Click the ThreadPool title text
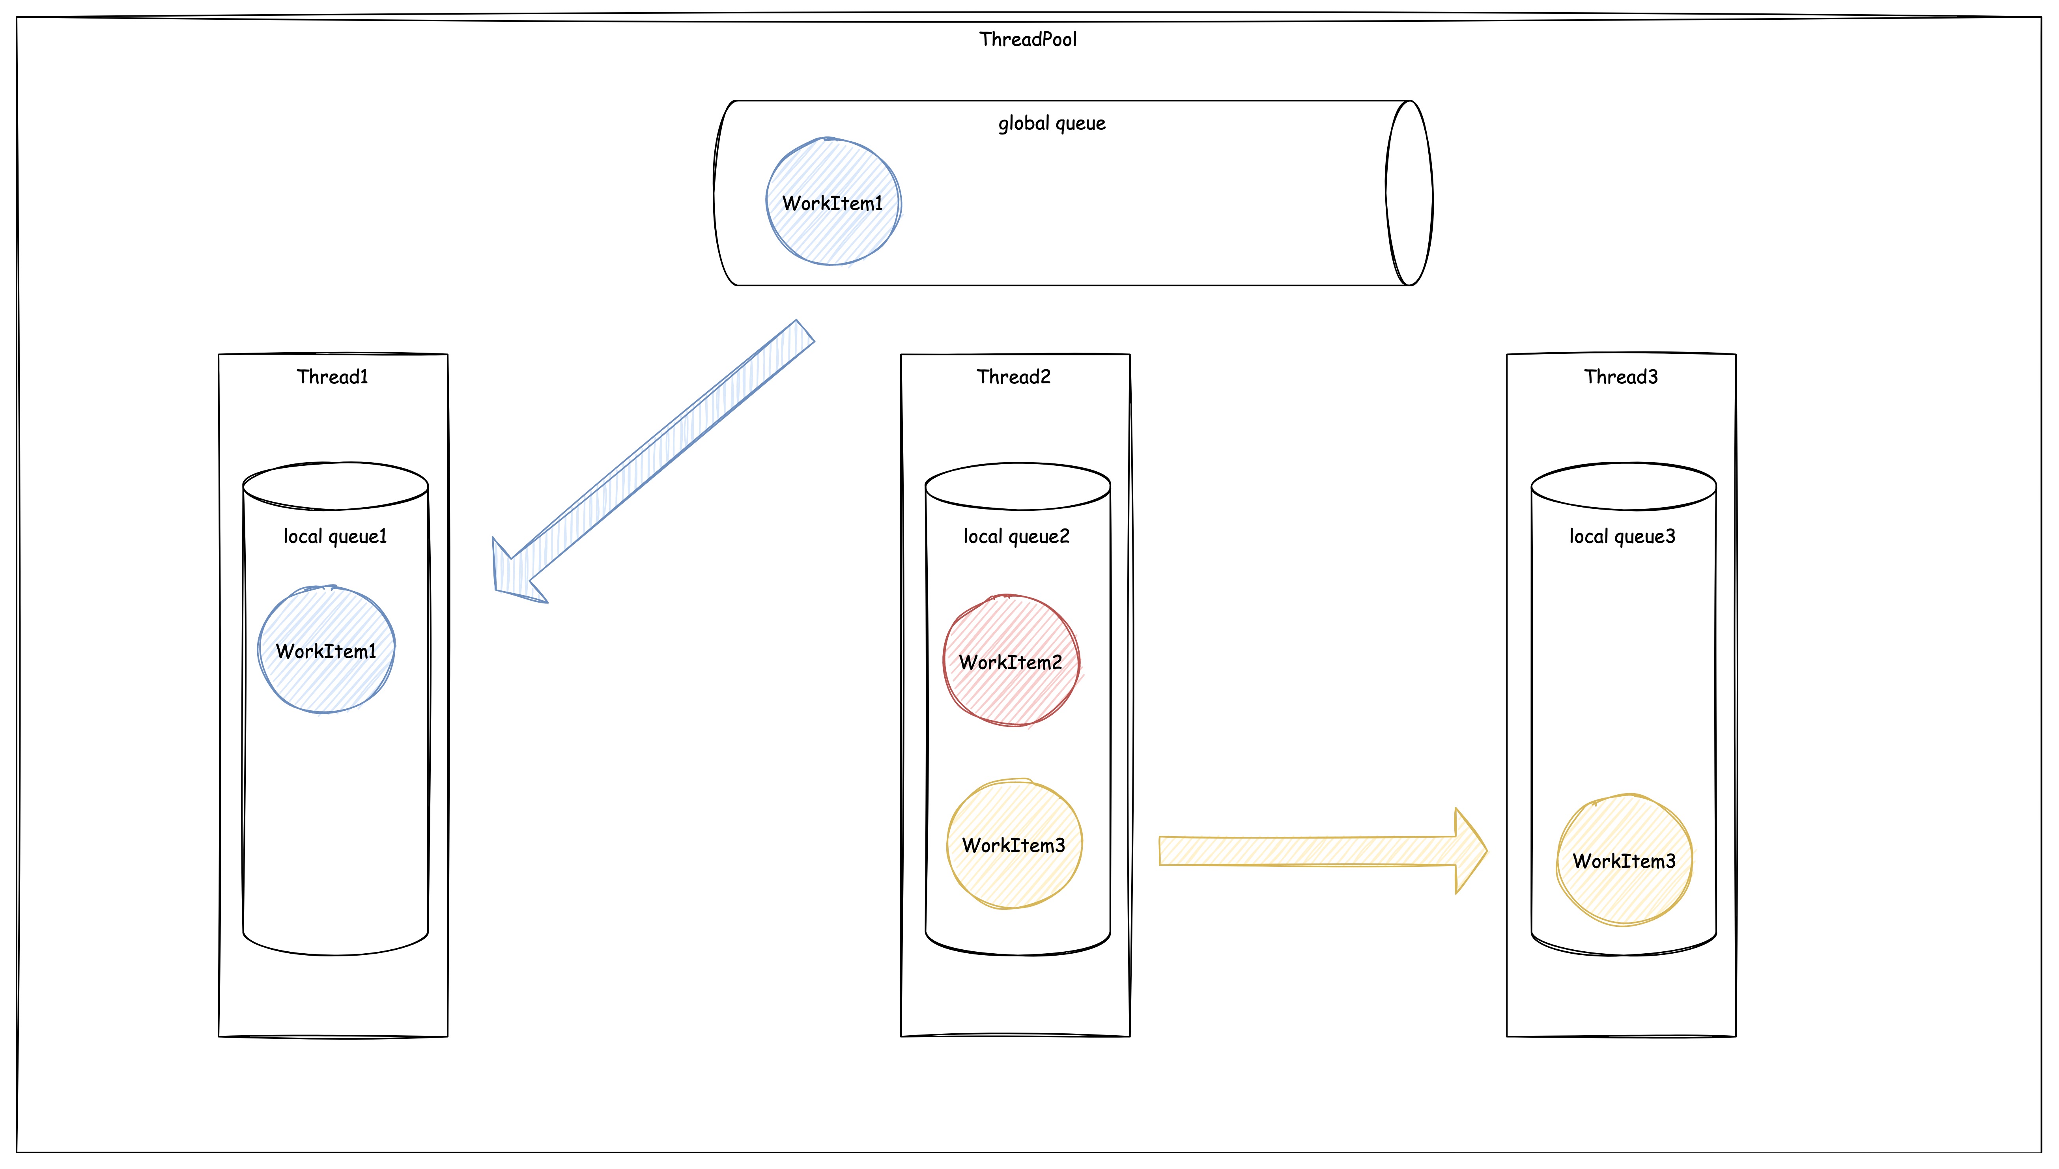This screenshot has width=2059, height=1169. (1028, 39)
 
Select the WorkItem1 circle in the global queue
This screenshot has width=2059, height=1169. (833, 202)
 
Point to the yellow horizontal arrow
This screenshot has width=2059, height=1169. (1308, 851)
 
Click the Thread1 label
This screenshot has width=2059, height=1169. (333, 377)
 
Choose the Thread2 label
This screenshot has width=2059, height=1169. (1013, 377)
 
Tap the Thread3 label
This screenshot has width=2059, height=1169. (1620, 377)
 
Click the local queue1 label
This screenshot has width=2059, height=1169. (335, 536)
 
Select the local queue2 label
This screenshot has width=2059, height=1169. (1016, 536)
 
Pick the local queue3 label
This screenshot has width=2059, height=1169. (1622, 536)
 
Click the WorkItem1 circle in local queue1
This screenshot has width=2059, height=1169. (326, 650)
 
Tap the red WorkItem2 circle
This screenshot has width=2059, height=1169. (1011, 661)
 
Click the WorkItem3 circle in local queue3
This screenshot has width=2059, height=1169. (1624, 861)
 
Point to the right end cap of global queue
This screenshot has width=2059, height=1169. (1410, 193)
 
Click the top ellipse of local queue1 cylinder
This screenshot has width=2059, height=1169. (335, 486)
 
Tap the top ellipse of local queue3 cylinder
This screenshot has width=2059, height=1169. (1623, 486)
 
